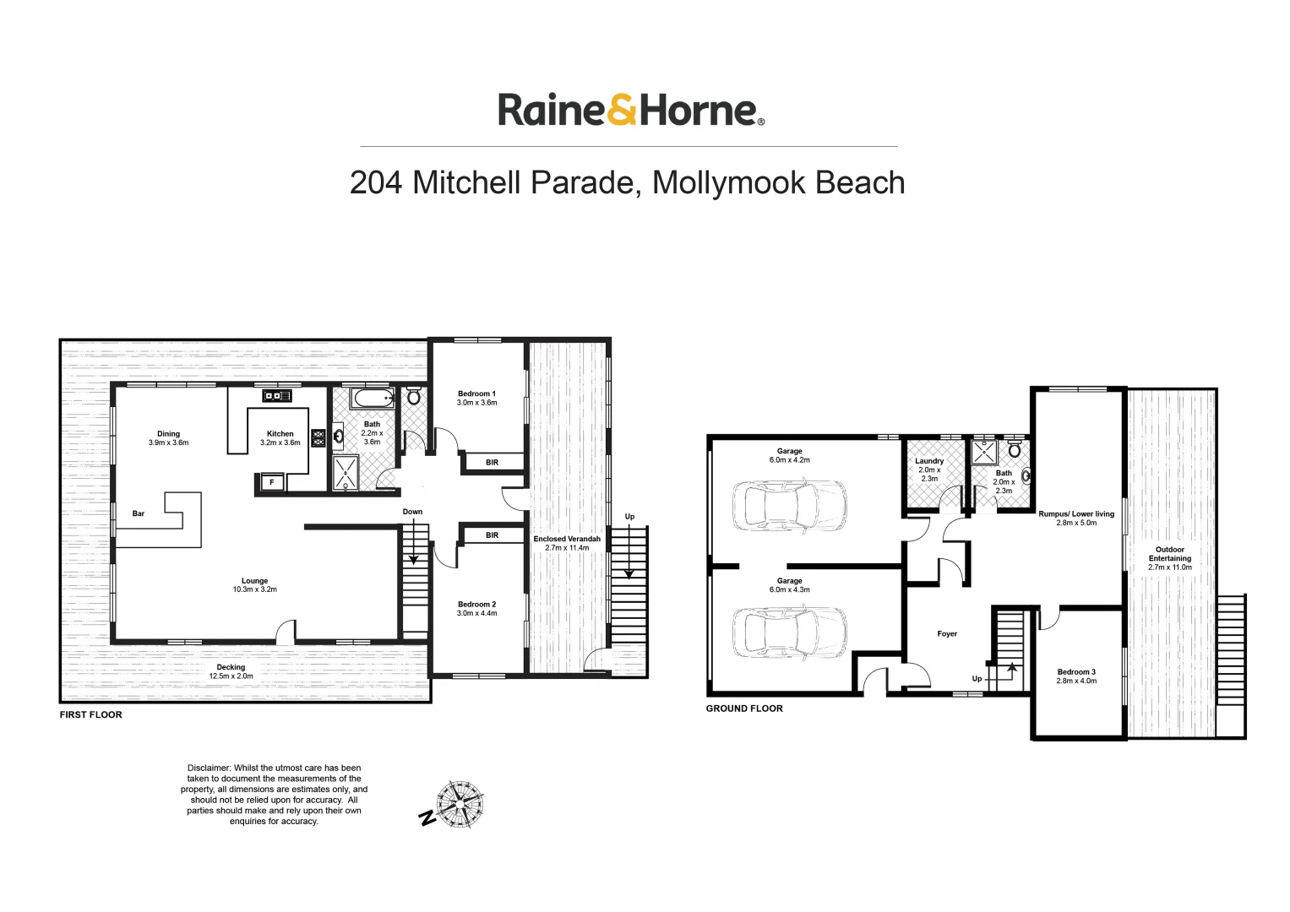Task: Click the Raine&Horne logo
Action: tap(630, 111)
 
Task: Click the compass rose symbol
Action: tap(459, 806)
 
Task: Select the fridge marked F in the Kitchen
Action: tap(271, 482)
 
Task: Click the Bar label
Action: tap(139, 513)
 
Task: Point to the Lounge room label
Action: tap(254, 581)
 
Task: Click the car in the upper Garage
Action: tap(789, 505)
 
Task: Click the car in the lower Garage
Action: tap(789, 632)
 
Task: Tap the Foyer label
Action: tap(947, 634)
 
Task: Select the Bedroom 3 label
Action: tap(1076, 672)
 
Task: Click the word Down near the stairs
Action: tap(412, 512)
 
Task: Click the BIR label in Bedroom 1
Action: tap(492, 463)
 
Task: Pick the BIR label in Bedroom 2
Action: tap(492, 535)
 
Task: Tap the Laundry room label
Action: tap(929, 461)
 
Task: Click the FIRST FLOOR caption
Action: tap(90, 715)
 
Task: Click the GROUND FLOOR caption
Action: tap(744, 708)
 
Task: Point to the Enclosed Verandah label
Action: tap(567, 539)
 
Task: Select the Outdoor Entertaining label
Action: tap(1170, 554)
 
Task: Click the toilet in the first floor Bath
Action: tap(414, 395)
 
